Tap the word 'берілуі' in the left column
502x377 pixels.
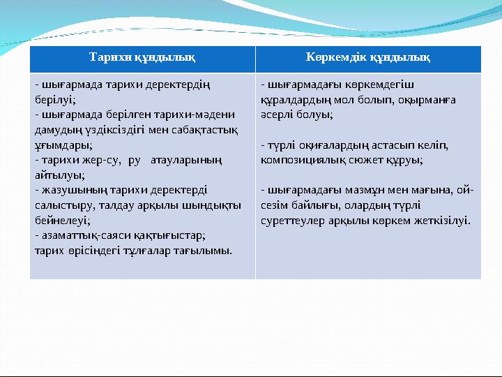pos(54,99)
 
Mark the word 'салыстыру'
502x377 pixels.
pos(61,205)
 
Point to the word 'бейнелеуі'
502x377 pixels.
pos(61,221)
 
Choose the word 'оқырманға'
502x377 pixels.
pos(429,100)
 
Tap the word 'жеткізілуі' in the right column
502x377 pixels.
pos(443,221)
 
